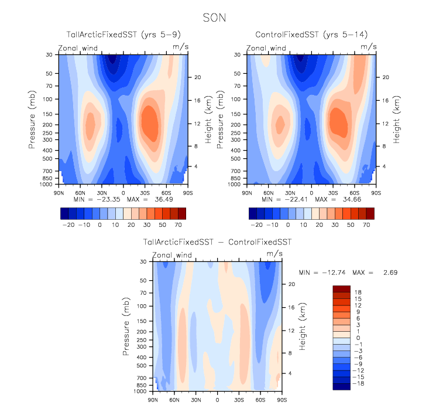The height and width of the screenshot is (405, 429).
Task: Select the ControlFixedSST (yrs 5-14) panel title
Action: [311, 35]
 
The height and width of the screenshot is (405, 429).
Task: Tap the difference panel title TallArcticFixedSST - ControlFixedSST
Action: [217, 241]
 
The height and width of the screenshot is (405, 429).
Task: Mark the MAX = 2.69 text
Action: [380, 273]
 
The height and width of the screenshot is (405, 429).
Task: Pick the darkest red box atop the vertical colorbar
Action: [341, 288]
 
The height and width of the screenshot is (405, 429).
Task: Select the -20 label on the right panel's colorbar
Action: [256, 224]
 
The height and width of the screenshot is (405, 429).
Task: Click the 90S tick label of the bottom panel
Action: [282, 400]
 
